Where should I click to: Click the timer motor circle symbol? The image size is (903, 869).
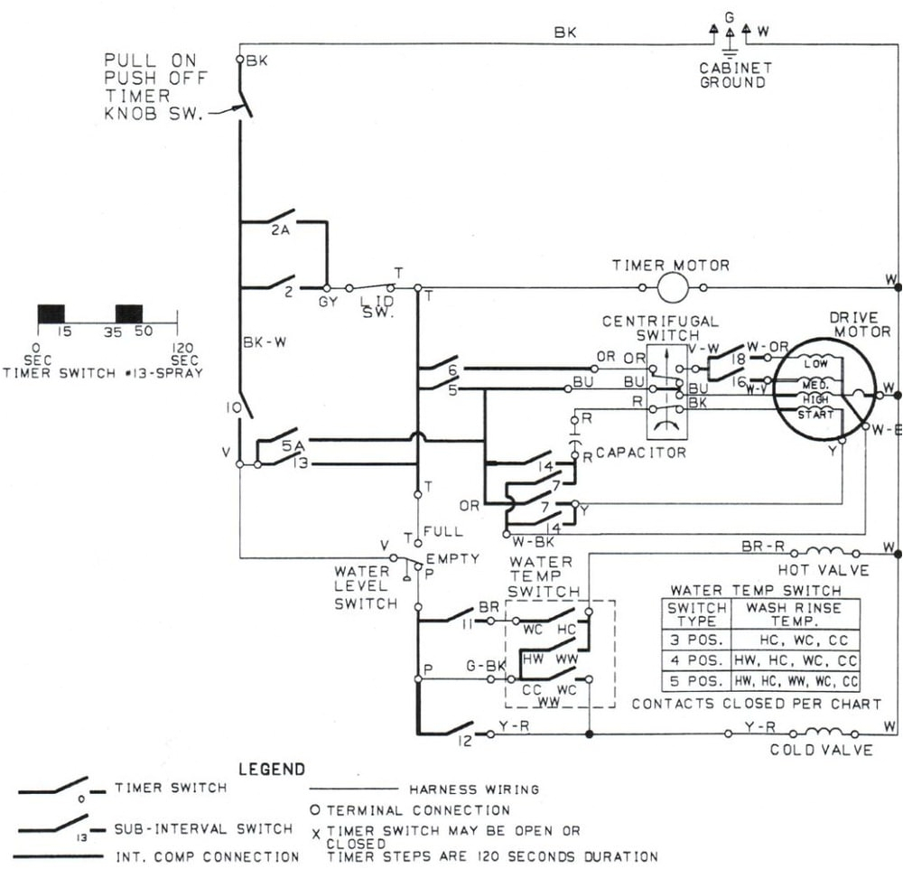pos(672,288)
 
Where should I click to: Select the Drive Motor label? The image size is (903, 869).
pos(853,324)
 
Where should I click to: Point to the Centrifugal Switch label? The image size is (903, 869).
pos(660,328)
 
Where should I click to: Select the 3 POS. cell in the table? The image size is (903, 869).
pos(695,638)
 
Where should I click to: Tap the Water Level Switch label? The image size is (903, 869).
pos(365,587)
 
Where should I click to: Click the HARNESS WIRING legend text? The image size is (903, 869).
pos(474,789)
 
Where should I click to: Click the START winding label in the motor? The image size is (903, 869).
pos(816,414)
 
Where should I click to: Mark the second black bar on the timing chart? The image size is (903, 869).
pos(128,313)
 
